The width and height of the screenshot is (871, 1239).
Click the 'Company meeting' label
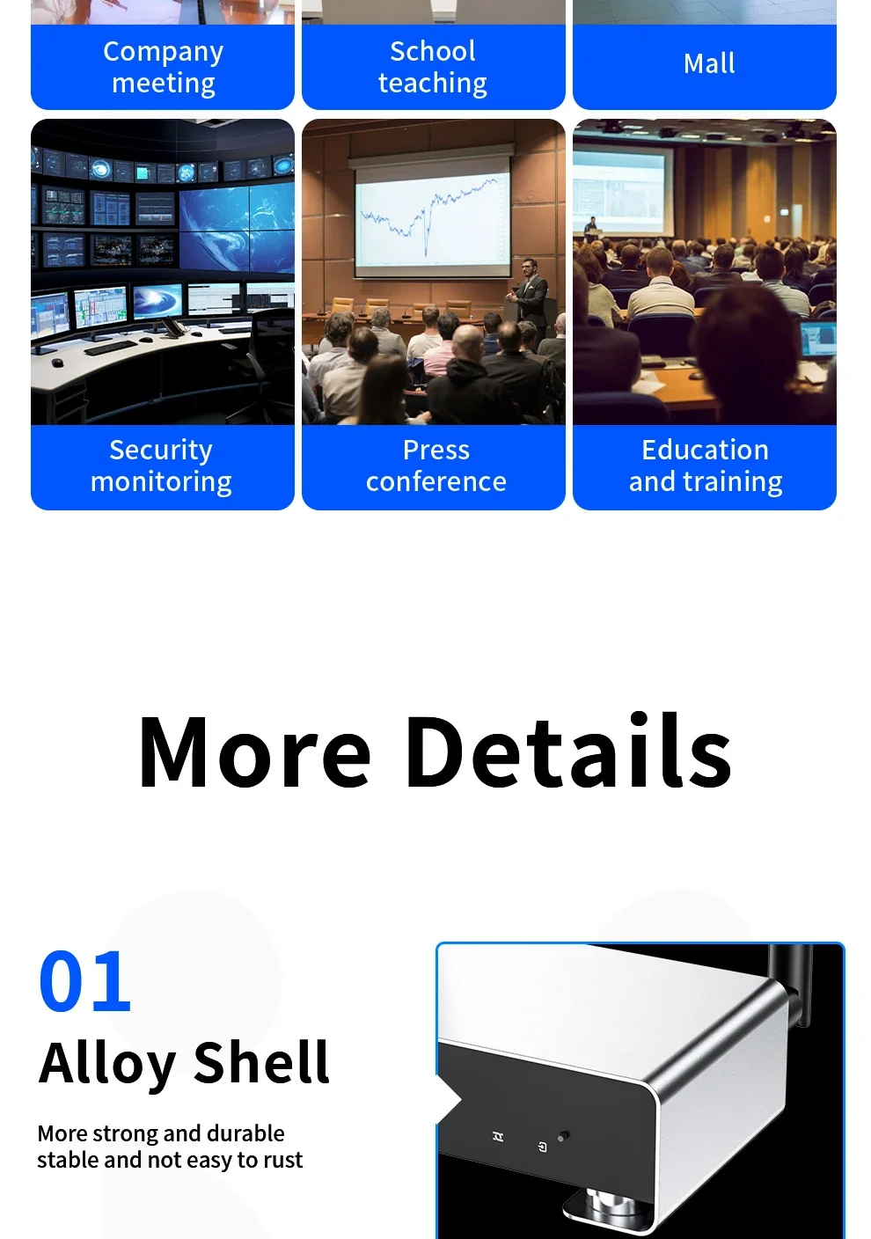point(163,67)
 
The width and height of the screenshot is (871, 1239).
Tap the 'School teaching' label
point(433,67)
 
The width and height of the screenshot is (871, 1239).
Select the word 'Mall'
point(709,63)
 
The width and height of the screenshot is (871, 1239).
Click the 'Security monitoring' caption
point(161,466)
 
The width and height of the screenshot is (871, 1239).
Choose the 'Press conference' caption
point(435,466)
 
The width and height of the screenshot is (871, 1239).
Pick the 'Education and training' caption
point(705,466)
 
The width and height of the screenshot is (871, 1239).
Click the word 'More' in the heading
point(255,753)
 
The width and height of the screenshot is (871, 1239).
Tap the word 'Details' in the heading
point(568,753)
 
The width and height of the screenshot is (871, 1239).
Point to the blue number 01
point(85,981)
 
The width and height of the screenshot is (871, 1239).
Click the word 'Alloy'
point(107,1063)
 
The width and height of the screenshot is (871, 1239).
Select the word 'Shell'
point(261,1063)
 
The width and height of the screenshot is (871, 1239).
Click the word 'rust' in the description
point(282,1160)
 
